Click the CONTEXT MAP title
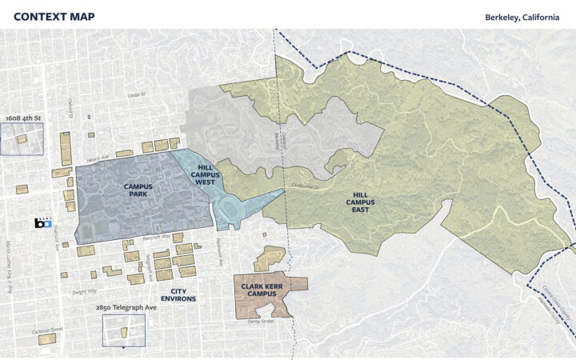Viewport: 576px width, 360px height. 54,17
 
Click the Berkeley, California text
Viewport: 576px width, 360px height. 522,17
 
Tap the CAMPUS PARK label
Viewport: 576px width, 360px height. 138,190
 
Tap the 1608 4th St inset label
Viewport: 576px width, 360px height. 22,118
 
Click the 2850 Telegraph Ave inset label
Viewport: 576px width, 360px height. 123,307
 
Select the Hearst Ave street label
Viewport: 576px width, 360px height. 98,158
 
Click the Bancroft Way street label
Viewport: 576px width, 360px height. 158,237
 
